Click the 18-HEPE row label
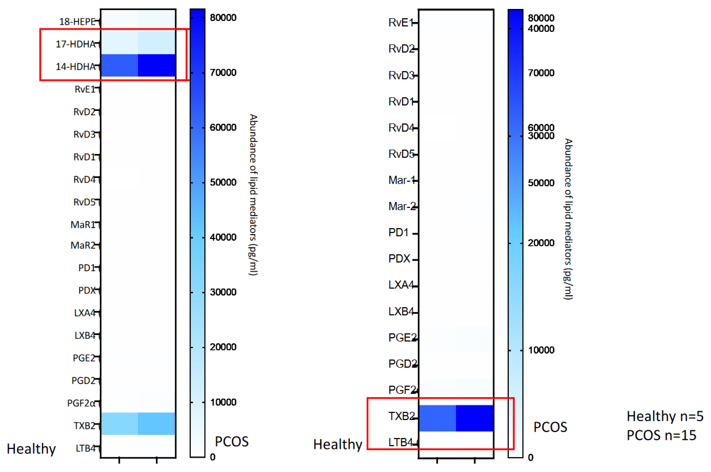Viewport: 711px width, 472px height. click(77, 22)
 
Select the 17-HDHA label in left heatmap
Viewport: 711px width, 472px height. click(75, 44)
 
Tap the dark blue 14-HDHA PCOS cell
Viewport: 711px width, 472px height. click(156, 65)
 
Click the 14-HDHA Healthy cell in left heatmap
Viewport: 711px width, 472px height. click(119, 65)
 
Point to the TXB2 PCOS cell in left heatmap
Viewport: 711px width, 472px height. click(156, 423)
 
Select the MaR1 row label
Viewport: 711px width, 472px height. click(83, 225)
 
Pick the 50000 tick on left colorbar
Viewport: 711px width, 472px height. click(223, 183)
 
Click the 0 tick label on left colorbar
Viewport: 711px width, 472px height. click(213, 457)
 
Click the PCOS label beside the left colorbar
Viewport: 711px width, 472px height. click(232, 442)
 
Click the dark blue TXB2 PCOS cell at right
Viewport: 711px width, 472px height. click(474, 418)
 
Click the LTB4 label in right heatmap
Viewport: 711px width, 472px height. click(401, 442)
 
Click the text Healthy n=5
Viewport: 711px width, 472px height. click(665, 416)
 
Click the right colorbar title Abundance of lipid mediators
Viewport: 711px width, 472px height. click(568, 219)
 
